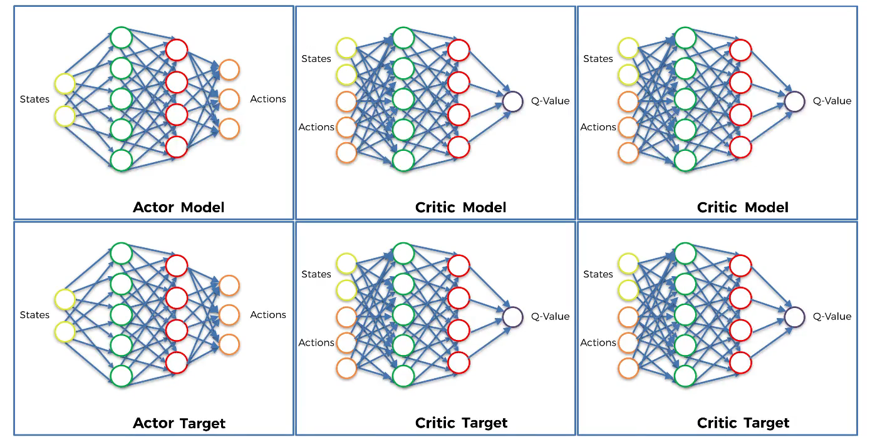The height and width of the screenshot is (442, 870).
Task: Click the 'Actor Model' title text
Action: (x=179, y=207)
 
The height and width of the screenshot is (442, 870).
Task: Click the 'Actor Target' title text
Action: (x=179, y=423)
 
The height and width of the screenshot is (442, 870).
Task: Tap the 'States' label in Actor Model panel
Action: (x=34, y=100)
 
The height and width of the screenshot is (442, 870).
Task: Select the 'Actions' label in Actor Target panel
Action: (x=268, y=315)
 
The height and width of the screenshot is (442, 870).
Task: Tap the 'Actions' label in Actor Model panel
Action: (x=268, y=99)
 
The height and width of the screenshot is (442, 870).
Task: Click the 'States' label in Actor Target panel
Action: (x=34, y=315)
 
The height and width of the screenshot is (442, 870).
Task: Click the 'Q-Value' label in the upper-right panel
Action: (x=832, y=101)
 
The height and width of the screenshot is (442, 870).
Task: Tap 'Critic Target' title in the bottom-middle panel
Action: (x=461, y=423)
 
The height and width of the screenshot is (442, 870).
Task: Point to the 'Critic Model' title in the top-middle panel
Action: (x=460, y=207)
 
